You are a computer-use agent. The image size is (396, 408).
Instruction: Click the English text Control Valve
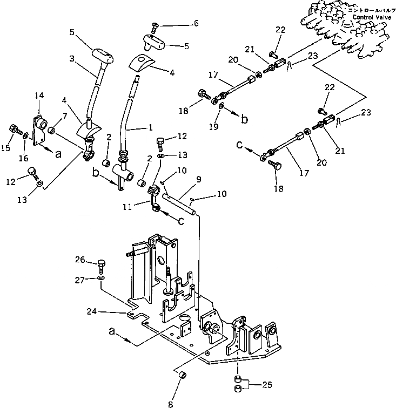pyautogui.click(x=368, y=17)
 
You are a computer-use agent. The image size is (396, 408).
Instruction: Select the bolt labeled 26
pyautogui.click(x=102, y=264)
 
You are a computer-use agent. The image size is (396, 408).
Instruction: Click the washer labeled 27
pyautogui.click(x=102, y=278)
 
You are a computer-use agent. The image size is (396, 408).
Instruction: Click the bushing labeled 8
pyautogui.click(x=182, y=375)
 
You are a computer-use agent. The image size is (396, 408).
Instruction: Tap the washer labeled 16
pyautogui.click(x=26, y=135)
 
